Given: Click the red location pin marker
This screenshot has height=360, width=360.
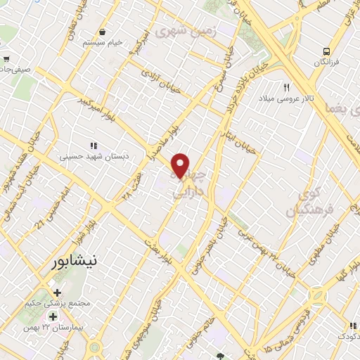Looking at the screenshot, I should pyautogui.click(x=181, y=165).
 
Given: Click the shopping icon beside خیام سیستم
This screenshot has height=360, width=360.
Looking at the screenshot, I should pyautogui.click(x=103, y=32).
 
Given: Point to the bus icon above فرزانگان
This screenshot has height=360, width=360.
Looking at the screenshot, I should pyautogui.click(x=326, y=51).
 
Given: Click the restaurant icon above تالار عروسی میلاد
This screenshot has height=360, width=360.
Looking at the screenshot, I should pyautogui.click(x=286, y=87).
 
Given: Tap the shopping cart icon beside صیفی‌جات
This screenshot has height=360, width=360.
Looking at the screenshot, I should pyautogui.click(x=6, y=59).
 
